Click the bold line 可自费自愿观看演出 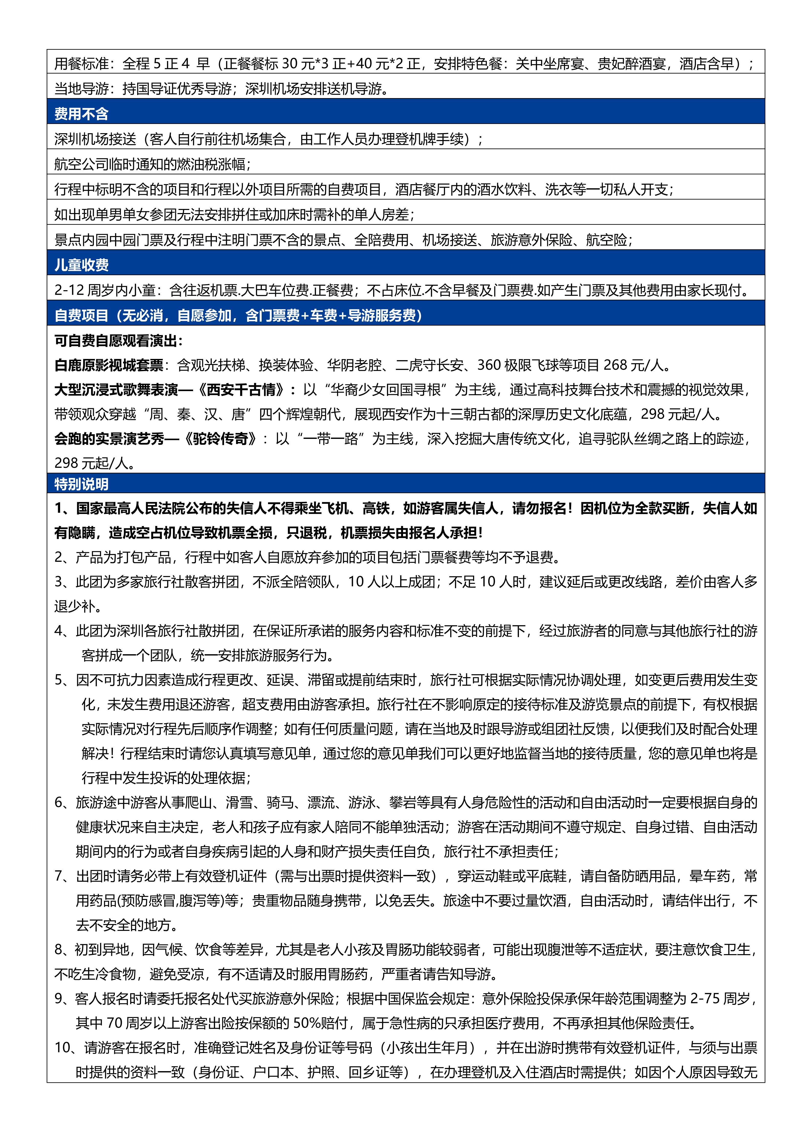(x=118, y=341)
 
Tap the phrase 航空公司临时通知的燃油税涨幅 (x=150, y=164)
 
